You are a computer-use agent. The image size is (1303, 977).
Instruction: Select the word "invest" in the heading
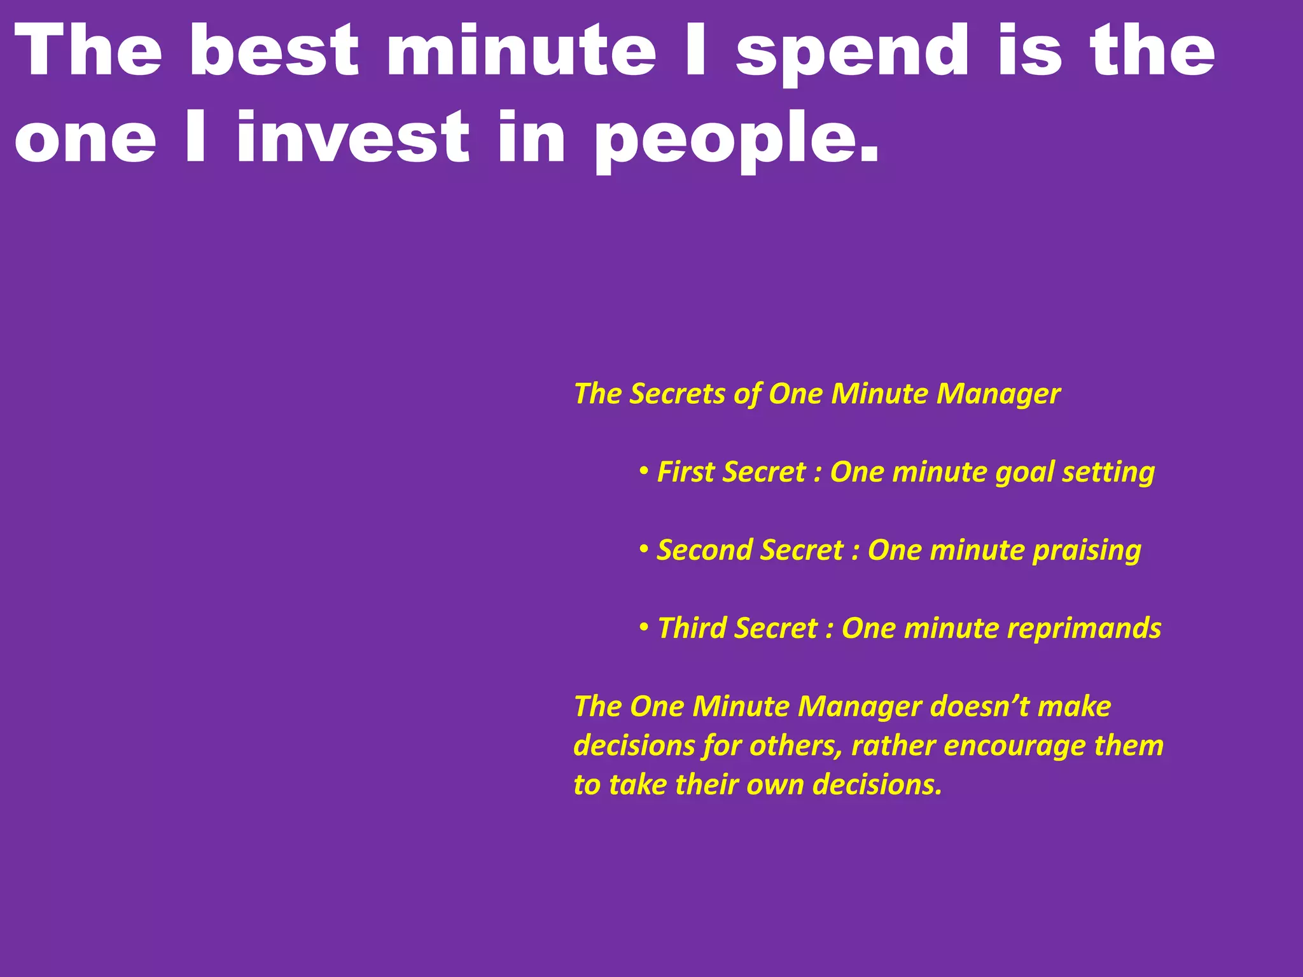(x=353, y=137)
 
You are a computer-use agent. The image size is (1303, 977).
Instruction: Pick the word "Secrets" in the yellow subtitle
(x=678, y=394)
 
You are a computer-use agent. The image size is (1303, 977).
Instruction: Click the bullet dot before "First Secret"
(x=644, y=472)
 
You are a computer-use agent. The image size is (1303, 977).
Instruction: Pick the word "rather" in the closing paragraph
(x=891, y=745)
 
